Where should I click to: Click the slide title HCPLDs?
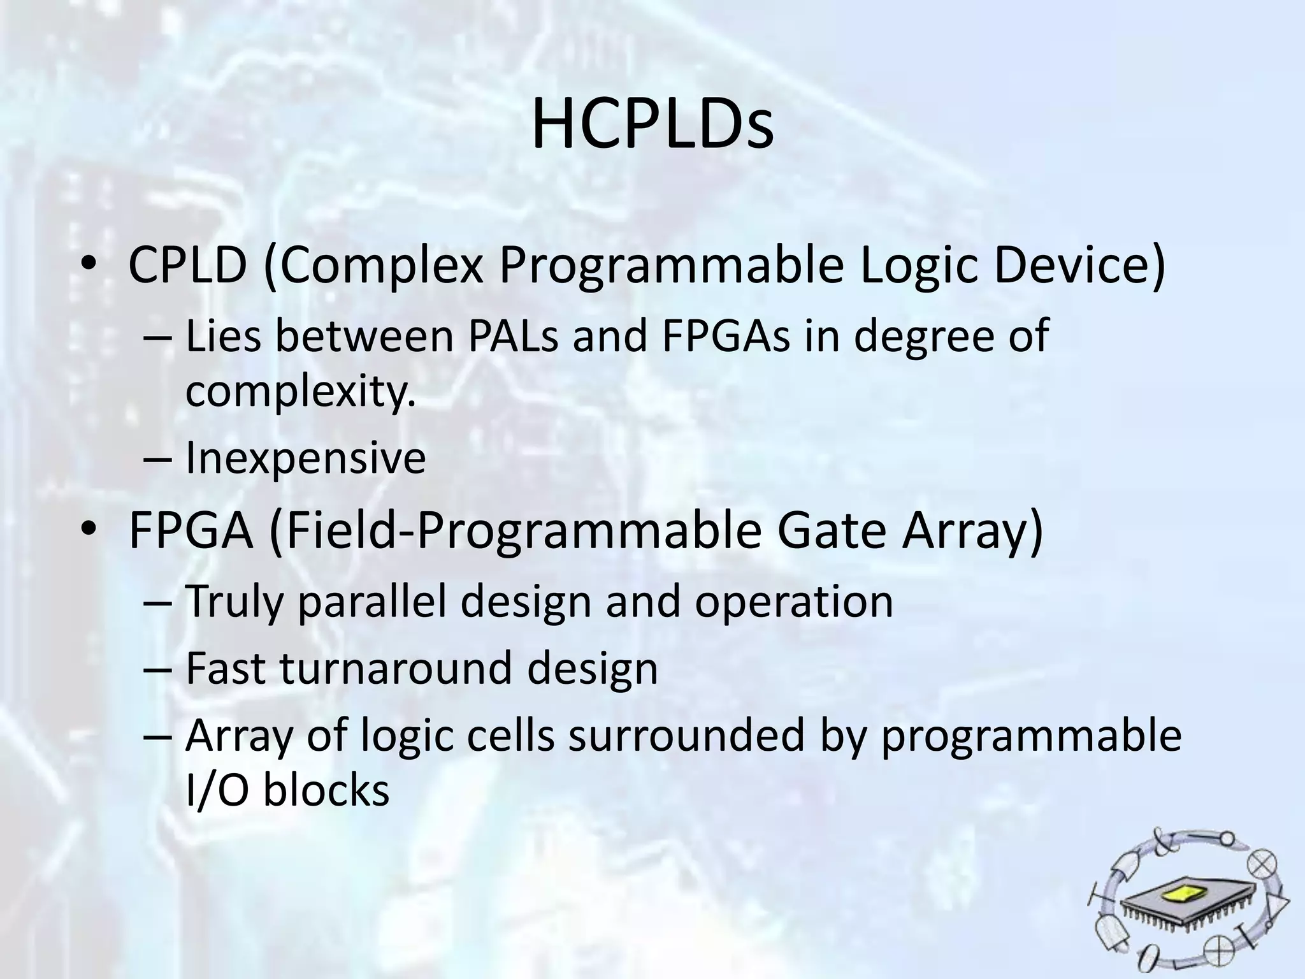652,125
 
